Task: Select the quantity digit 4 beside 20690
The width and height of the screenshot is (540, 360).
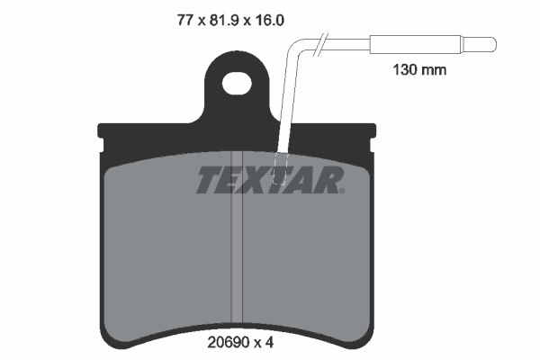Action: [269, 343]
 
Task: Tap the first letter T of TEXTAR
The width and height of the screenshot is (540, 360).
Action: [208, 181]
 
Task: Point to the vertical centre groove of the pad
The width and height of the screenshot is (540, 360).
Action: [238, 261]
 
